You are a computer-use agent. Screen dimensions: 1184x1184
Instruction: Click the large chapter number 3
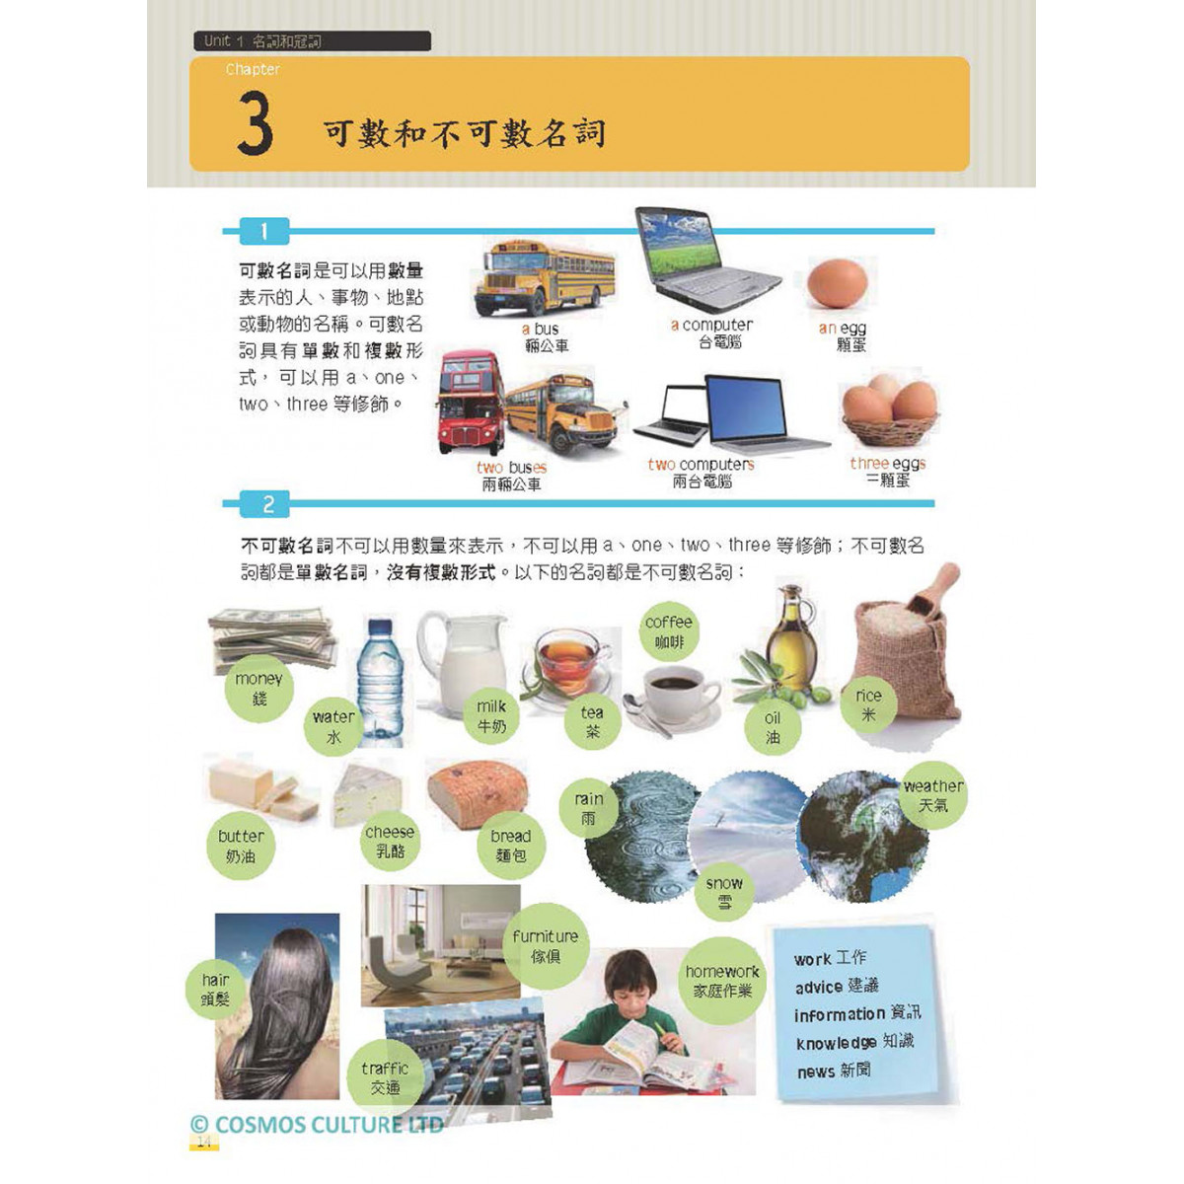point(255,123)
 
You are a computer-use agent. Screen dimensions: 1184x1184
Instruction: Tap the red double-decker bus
point(471,403)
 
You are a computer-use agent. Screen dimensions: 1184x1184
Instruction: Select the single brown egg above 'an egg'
point(837,283)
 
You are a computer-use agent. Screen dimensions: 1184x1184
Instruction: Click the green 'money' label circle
point(259,688)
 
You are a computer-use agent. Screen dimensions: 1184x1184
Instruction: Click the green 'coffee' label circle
point(669,632)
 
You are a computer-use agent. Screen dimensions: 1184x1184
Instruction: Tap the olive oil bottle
point(791,639)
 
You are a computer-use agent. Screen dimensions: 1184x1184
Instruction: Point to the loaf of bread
point(478,795)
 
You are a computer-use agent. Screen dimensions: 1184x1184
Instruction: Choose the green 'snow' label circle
point(724,893)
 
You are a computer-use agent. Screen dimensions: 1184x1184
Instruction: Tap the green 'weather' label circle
point(932,795)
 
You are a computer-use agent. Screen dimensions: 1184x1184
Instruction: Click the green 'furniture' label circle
point(546,946)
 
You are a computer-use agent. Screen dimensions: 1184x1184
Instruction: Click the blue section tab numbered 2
point(264,504)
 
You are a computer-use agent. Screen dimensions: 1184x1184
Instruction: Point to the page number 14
point(204,1142)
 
